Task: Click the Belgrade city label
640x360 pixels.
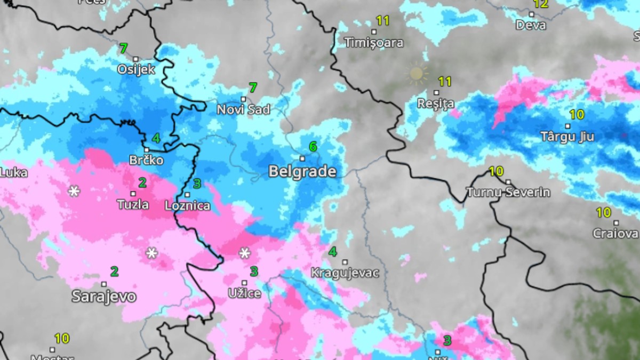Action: click(x=302, y=172)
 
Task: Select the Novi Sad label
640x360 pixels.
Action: click(x=243, y=110)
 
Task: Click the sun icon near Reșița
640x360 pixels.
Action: click(x=417, y=74)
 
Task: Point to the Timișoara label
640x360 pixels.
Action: click(x=373, y=43)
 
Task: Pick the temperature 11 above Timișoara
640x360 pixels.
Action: click(x=383, y=21)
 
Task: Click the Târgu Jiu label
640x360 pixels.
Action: click(x=567, y=137)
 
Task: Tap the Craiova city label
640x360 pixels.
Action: click(x=615, y=234)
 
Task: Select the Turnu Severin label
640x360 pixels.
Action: click(x=508, y=192)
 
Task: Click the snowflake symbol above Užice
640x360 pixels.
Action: click(x=244, y=253)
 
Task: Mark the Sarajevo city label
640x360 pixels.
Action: click(x=104, y=297)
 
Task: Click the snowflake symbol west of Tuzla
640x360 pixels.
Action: click(x=74, y=191)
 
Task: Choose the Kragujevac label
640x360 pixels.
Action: click(x=345, y=273)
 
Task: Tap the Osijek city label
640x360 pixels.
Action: click(x=136, y=69)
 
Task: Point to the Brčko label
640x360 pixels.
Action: click(x=146, y=160)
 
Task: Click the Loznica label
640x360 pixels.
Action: click(x=187, y=205)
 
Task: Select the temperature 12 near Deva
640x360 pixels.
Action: click(x=541, y=4)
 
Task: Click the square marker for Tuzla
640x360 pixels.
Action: click(x=133, y=194)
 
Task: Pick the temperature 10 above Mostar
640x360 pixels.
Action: click(x=61, y=338)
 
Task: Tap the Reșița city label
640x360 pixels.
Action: click(x=436, y=103)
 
